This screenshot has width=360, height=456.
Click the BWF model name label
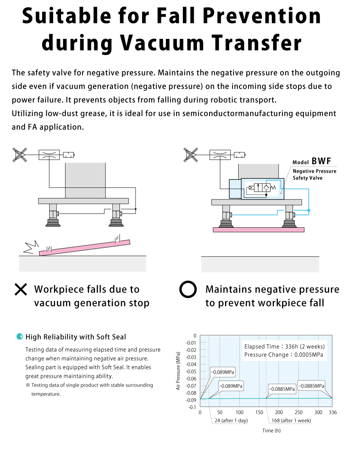click(x=321, y=161)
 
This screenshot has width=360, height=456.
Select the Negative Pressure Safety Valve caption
click(x=314, y=174)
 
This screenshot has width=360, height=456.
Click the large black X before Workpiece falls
click(x=21, y=289)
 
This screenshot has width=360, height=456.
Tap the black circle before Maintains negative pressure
click(x=188, y=290)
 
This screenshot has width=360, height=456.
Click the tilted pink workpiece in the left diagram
click(x=85, y=247)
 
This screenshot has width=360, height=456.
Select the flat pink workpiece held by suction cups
click(x=258, y=229)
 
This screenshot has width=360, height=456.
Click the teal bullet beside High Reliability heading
click(x=20, y=337)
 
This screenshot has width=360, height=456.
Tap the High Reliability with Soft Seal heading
click(x=75, y=337)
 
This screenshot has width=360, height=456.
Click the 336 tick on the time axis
click(x=332, y=412)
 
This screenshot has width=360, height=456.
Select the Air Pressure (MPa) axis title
click(x=178, y=371)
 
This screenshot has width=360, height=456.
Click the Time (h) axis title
click(x=271, y=430)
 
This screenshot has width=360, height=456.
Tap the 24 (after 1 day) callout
click(x=231, y=420)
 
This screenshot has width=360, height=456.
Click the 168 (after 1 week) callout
click(x=291, y=420)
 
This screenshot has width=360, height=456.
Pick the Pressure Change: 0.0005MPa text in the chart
click(x=283, y=355)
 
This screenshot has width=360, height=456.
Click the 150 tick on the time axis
click(x=259, y=412)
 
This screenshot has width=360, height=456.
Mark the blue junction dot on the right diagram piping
click(x=309, y=210)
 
